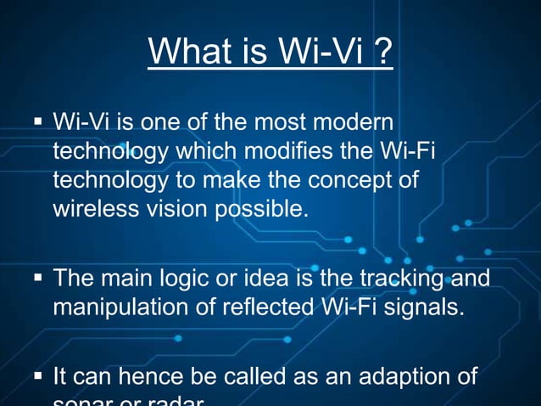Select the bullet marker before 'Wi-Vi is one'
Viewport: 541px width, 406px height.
(x=37, y=124)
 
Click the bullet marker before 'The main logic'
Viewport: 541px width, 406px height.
(x=37, y=278)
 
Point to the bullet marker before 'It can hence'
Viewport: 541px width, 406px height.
(x=37, y=375)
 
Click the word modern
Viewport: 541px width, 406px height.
(x=359, y=123)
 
